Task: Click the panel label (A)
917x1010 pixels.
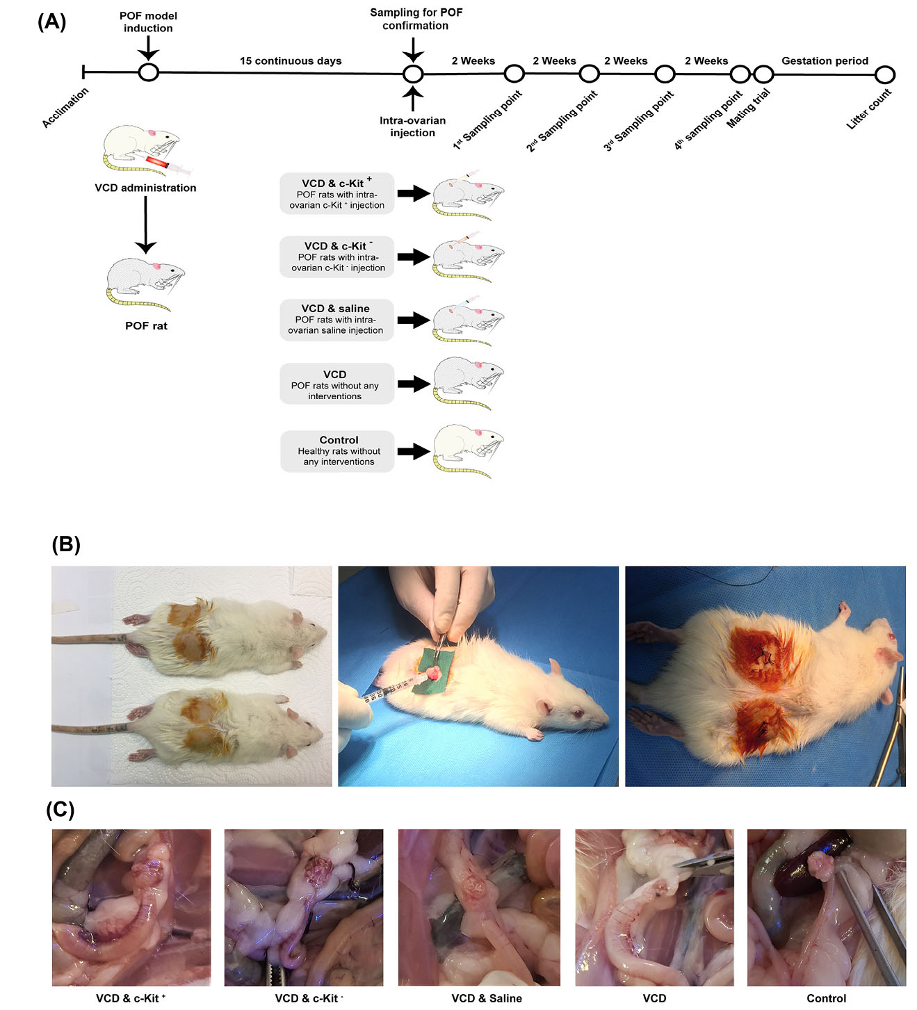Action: pyautogui.click(x=51, y=22)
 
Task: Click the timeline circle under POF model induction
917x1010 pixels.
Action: pyautogui.click(x=148, y=72)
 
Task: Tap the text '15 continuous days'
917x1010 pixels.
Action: pyautogui.click(x=291, y=61)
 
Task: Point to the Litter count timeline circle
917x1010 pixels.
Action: pyautogui.click(x=884, y=74)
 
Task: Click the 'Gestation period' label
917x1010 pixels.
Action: pyautogui.click(x=825, y=61)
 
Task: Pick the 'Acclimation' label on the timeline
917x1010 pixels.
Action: pyautogui.click(x=65, y=107)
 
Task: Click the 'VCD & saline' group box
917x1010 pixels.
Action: pyautogui.click(x=336, y=320)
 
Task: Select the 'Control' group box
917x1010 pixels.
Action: pyautogui.click(x=338, y=451)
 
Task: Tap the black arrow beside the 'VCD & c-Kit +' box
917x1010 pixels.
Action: pyautogui.click(x=414, y=193)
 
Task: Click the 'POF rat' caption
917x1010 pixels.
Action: pyautogui.click(x=146, y=326)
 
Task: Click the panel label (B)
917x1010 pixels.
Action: pyautogui.click(x=66, y=544)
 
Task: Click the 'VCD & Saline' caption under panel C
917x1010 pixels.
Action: pyautogui.click(x=486, y=998)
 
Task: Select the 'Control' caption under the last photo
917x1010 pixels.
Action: pyautogui.click(x=826, y=998)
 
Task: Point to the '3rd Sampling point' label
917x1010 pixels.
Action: pyautogui.click(x=638, y=120)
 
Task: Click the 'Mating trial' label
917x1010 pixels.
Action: pyautogui.click(x=748, y=108)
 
